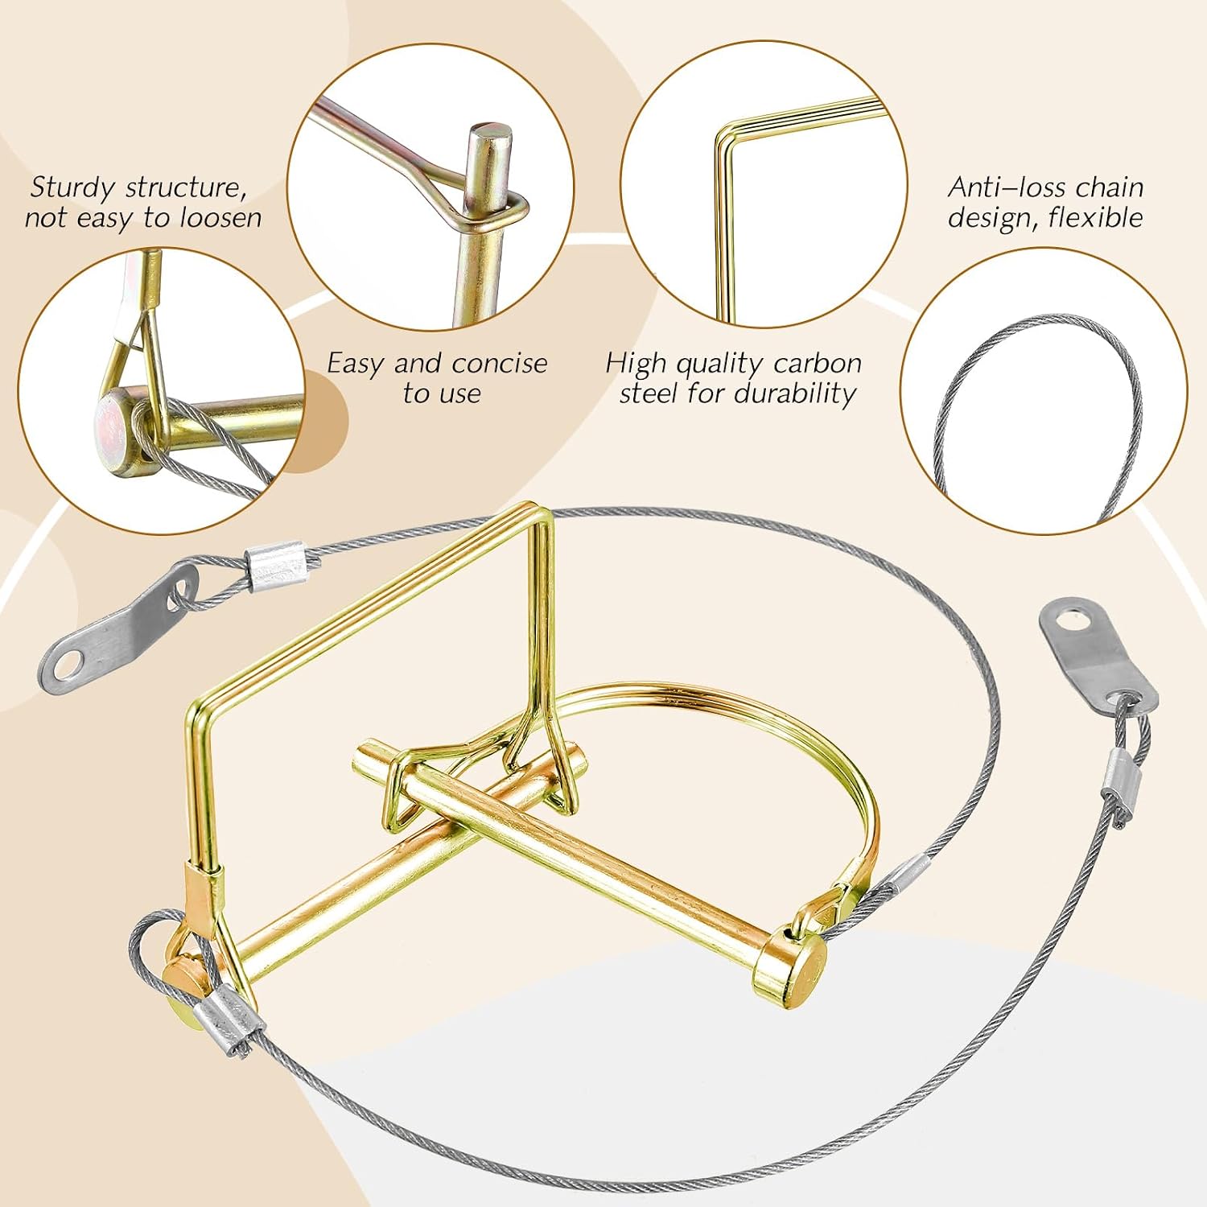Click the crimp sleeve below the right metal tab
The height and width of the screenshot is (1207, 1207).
tap(1118, 786)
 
